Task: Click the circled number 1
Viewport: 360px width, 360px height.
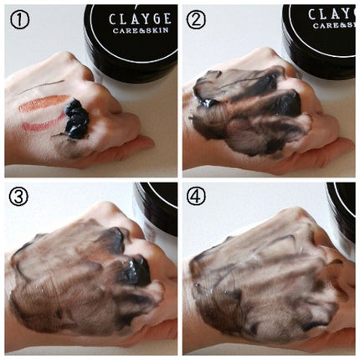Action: point(19,20)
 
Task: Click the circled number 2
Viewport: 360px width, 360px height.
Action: point(196,20)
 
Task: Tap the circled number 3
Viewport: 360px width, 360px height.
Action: point(18,196)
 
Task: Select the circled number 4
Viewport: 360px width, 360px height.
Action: point(196,195)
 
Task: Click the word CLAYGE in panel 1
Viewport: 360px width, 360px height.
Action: point(140,19)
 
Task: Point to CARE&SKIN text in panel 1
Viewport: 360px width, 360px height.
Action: point(141,30)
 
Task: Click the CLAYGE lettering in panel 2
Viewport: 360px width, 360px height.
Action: point(332,14)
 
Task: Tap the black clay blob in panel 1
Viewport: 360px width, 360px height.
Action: point(76,119)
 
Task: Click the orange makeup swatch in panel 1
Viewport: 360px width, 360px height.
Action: point(44,103)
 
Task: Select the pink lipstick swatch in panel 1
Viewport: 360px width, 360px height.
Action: point(42,124)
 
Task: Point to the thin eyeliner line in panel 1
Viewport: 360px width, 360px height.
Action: point(44,86)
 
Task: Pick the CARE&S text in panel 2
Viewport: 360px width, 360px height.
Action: point(334,25)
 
